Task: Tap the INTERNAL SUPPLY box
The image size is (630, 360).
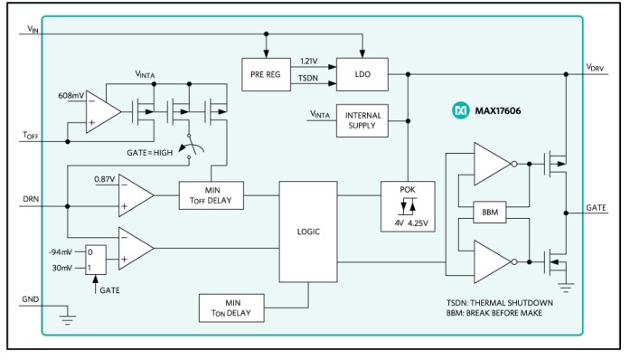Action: [x=361, y=120]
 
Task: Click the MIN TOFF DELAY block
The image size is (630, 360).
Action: [x=212, y=194]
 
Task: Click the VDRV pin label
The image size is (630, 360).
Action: [x=597, y=68]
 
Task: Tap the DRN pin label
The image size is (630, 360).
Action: [x=31, y=194]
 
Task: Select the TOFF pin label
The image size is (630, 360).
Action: [x=31, y=136]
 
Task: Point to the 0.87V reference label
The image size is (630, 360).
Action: [x=104, y=178]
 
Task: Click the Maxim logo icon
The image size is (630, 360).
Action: [x=458, y=111]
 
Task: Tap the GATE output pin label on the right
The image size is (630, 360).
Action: [x=596, y=207]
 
